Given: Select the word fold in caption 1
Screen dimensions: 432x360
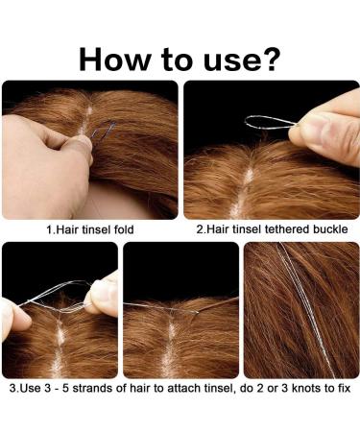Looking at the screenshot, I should click(x=122, y=230).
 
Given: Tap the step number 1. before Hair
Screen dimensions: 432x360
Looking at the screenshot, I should click(x=51, y=230).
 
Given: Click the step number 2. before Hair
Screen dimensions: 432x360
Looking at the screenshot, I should click(x=201, y=230).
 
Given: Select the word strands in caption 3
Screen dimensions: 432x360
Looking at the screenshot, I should click(x=93, y=392).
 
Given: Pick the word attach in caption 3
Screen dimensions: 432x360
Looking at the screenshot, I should click(x=168, y=392).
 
